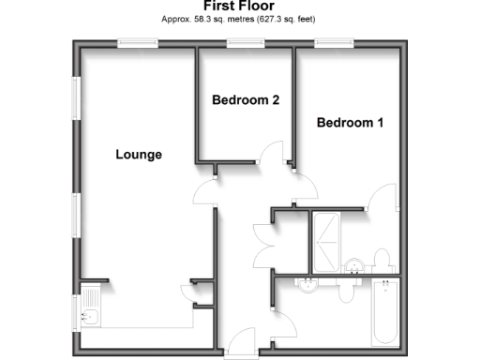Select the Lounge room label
click(139, 155)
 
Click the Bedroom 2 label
click(246, 100)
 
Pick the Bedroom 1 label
click(350, 123)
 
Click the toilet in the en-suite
click(382, 259)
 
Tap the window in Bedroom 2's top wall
click(245, 43)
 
